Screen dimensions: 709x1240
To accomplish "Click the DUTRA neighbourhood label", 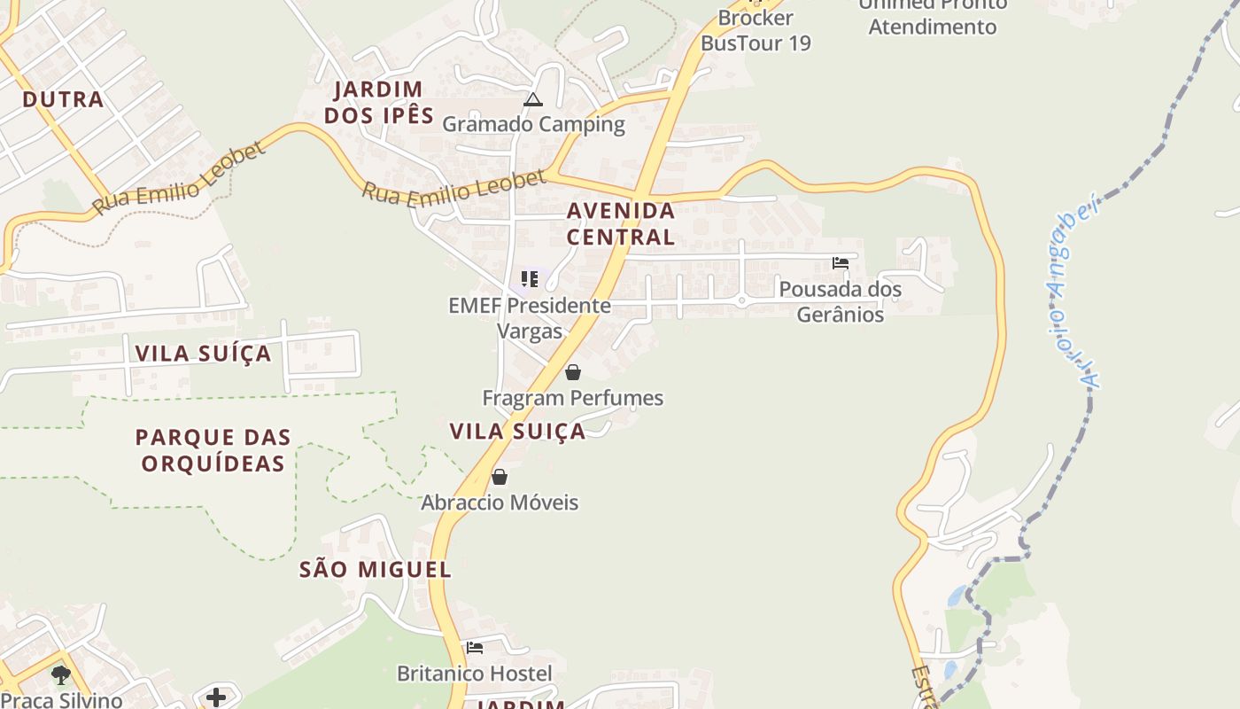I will tap(63, 99).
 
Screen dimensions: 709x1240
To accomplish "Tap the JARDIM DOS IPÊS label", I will tap(379, 103).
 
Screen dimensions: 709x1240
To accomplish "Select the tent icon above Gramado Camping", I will tap(532, 99).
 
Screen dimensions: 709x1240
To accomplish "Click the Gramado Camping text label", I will tap(533, 124).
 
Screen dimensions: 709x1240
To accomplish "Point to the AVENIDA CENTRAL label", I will tap(621, 224).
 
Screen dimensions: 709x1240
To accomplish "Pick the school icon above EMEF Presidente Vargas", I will tap(530, 280).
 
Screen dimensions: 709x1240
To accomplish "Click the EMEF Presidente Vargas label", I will tap(530, 318).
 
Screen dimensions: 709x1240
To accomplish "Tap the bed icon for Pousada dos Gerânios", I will tap(841, 263).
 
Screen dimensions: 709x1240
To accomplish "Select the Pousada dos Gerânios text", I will tap(840, 302).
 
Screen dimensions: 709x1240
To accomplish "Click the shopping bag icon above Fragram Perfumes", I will tap(573, 372).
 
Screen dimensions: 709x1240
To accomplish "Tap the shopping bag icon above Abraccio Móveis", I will tap(500, 477).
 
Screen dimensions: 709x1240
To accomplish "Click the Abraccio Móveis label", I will tap(500, 503).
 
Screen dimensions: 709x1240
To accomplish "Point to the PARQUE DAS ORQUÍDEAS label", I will tap(213, 449).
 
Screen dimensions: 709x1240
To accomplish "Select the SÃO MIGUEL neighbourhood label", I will tap(376, 570).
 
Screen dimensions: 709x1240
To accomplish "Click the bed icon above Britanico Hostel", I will tap(475, 648).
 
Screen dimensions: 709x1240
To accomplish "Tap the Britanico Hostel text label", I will tap(475, 674).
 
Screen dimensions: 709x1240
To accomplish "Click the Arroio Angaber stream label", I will tap(1075, 293).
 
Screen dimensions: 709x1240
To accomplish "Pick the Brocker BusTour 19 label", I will tap(756, 30).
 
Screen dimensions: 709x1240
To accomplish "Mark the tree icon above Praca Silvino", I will tap(60, 675).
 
